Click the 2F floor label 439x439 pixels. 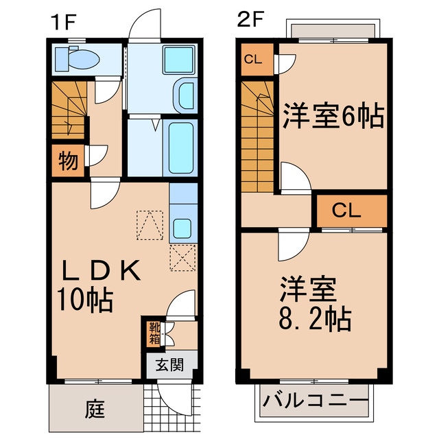coord(250,20)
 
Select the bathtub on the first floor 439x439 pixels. coord(182,147)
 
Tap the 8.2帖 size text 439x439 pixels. coord(316,319)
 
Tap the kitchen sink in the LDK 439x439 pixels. coord(182,227)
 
